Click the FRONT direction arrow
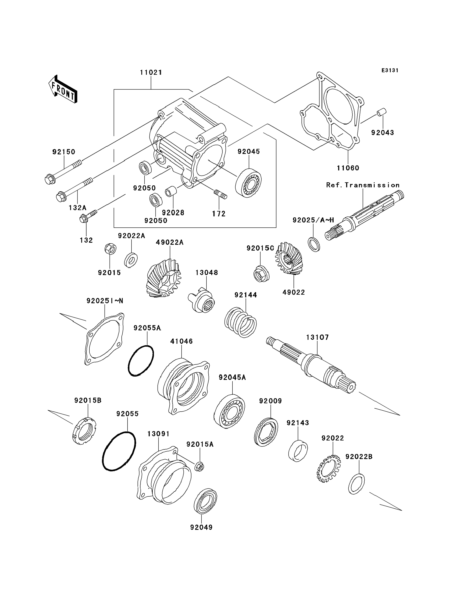[x=63, y=89]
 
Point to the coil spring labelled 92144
[x=241, y=322]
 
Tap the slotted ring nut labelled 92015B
[x=84, y=431]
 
